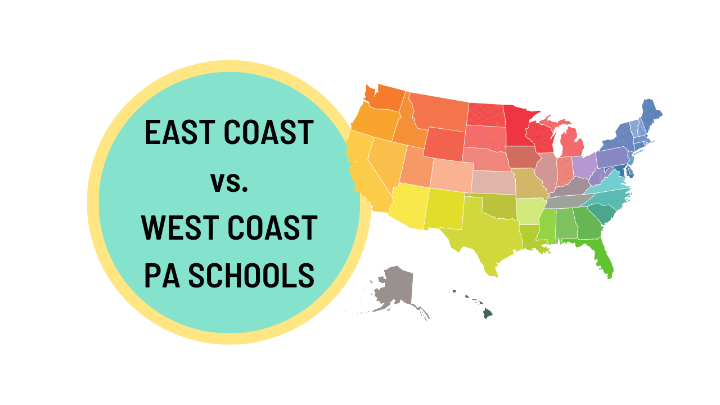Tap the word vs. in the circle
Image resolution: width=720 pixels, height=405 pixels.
click(228, 181)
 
